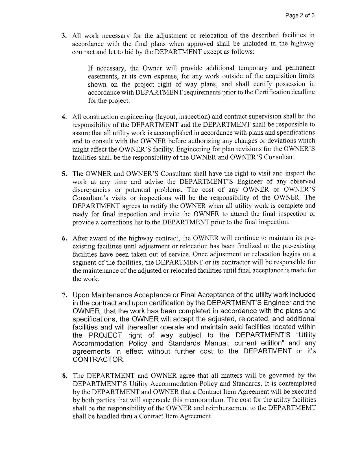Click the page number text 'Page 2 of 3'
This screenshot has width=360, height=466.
click(x=300, y=16)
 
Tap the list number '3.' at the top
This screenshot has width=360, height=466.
click(x=64, y=36)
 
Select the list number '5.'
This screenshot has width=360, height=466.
click(x=64, y=174)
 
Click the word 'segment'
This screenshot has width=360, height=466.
click(x=84, y=262)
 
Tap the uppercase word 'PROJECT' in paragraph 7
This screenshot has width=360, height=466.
click(x=105, y=335)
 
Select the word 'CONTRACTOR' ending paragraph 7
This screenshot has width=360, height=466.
click(x=98, y=360)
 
